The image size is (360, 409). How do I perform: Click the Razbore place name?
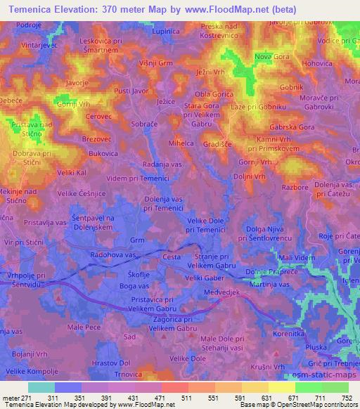[x=296, y=188]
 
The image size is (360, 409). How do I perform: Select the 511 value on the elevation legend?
[x=186, y=397]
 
